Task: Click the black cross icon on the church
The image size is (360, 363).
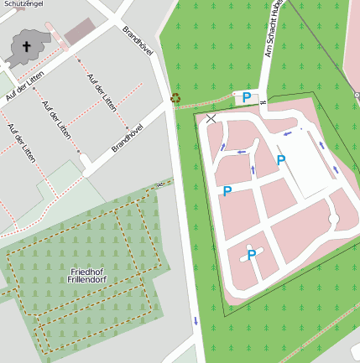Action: (25, 47)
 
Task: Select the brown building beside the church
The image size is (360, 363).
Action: (80, 32)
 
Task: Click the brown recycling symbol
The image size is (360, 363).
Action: (175, 98)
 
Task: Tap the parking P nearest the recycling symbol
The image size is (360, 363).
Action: (247, 97)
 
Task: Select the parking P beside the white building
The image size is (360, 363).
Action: (281, 159)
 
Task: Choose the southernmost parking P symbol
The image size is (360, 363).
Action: (251, 255)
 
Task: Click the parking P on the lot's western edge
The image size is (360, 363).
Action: (227, 191)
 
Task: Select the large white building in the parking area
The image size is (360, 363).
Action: (305, 164)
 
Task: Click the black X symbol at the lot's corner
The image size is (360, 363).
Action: (211, 119)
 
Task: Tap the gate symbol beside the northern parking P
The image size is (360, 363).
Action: (263, 102)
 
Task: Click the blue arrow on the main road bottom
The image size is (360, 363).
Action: (196, 319)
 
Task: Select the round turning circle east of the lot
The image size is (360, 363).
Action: (334, 220)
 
